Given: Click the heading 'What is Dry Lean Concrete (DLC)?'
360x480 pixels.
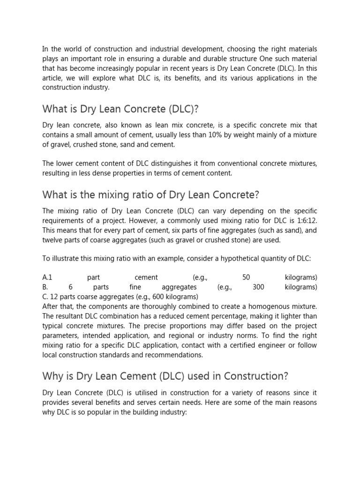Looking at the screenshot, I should click(120, 109).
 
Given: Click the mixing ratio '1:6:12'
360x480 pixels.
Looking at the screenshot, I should click(307, 220).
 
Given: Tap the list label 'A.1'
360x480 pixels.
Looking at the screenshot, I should click(47, 277).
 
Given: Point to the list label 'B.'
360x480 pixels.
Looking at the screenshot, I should click(45, 287).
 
